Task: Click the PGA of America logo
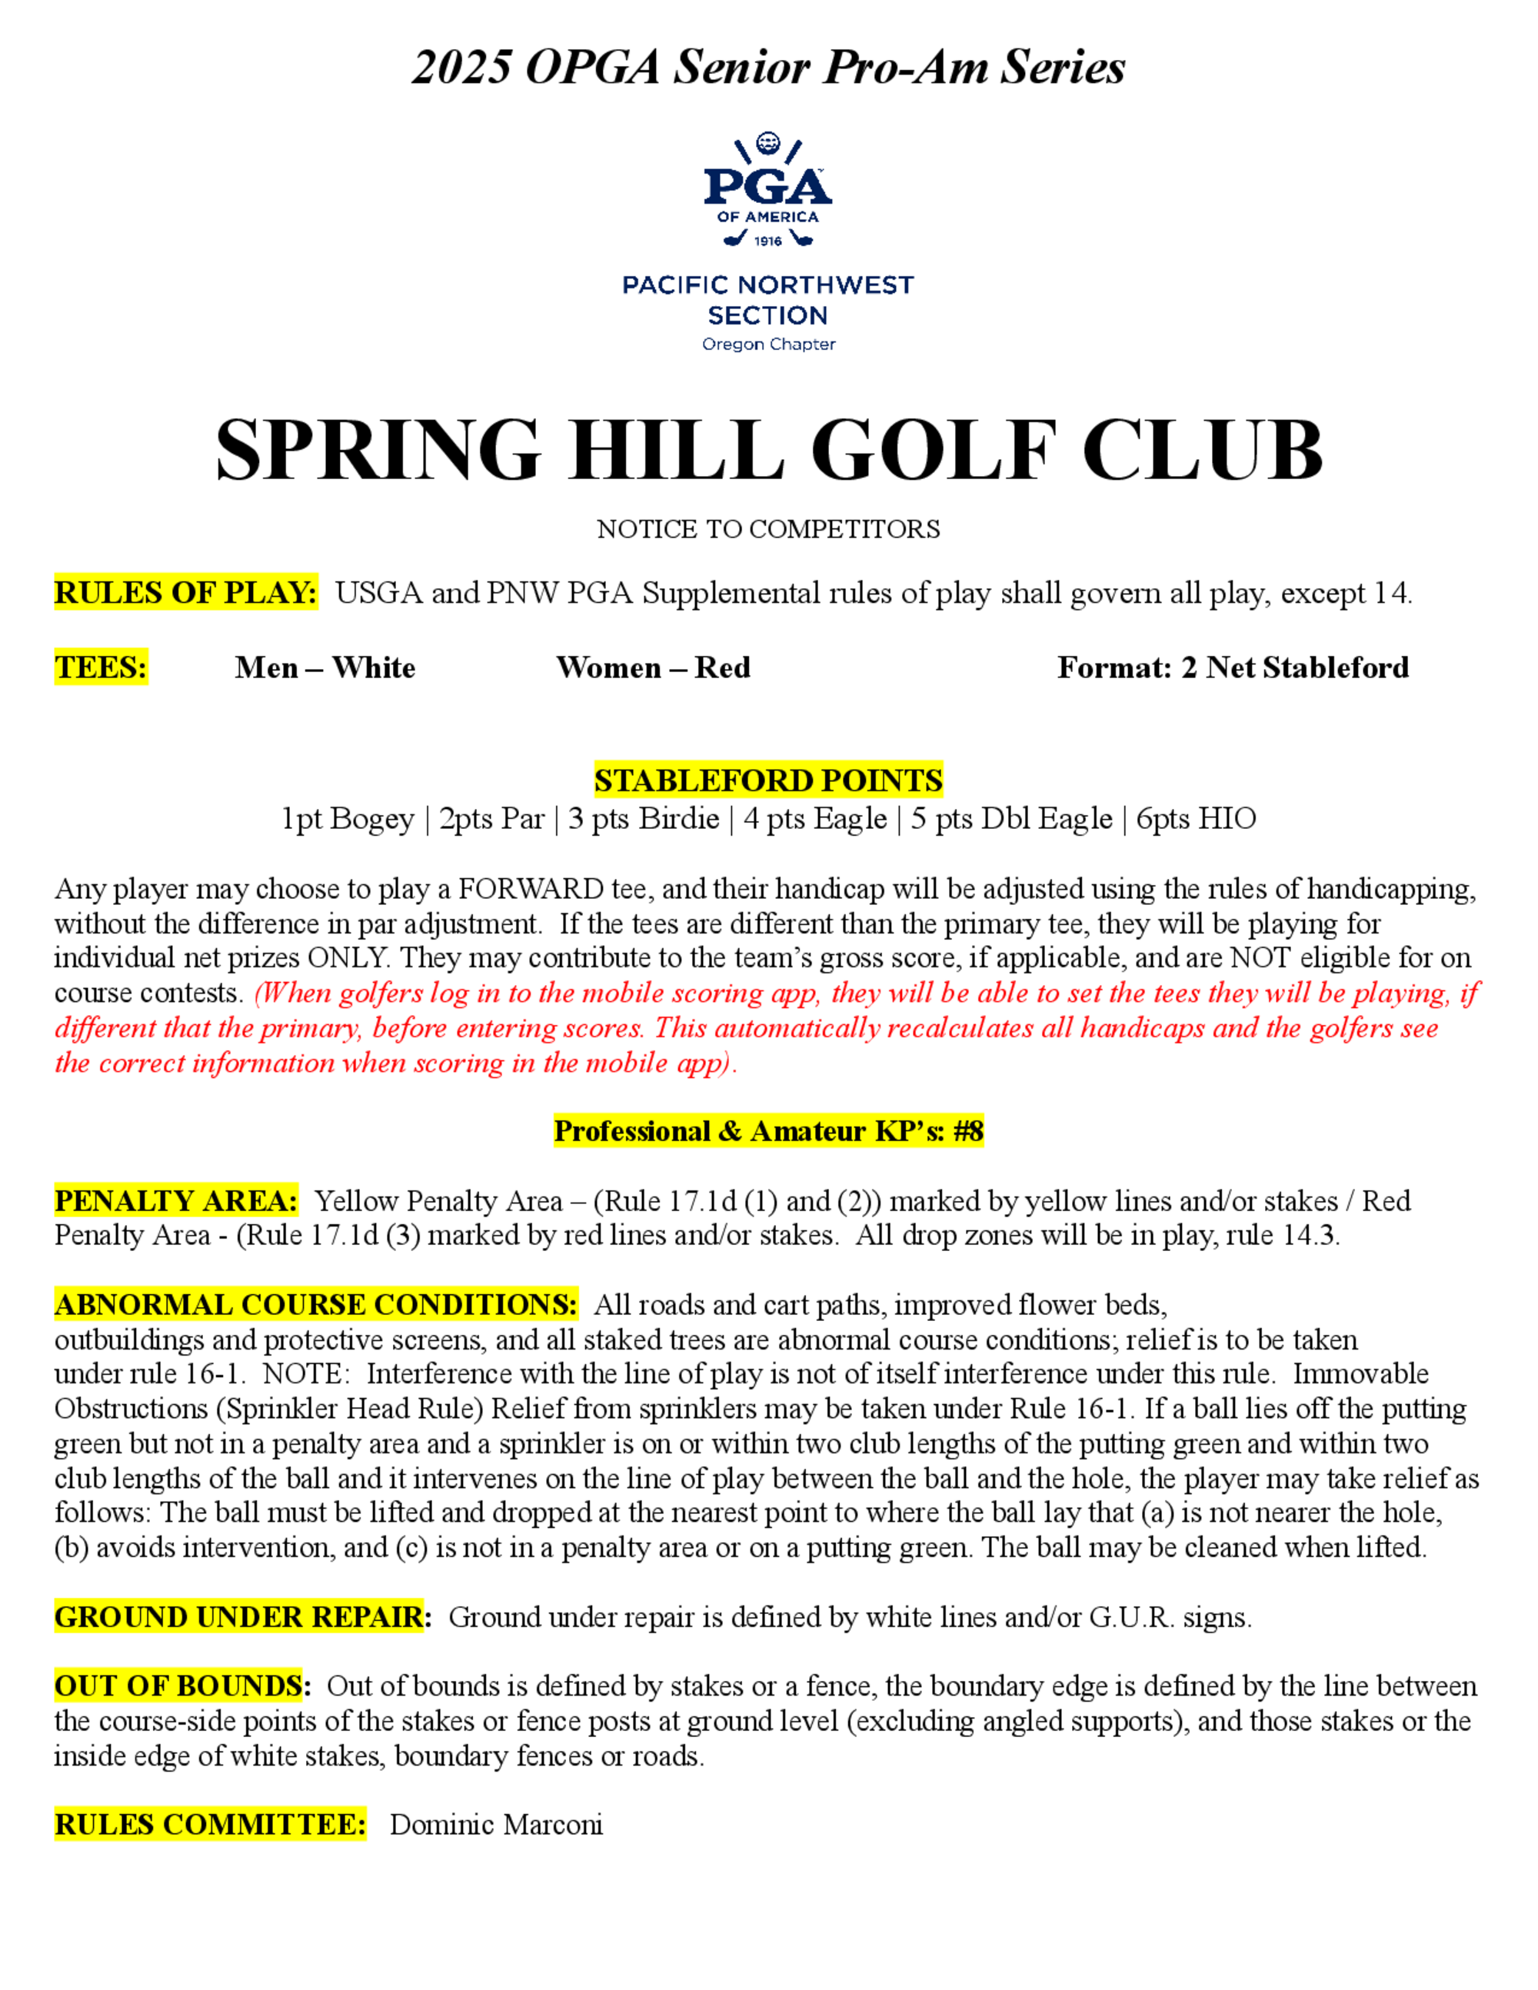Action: coord(767,191)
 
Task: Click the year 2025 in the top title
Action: coord(462,68)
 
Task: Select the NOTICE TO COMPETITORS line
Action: coord(768,529)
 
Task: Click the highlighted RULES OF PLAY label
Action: coord(186,593)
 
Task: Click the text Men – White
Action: coord(325,668)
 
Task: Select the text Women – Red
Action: coord(654,668)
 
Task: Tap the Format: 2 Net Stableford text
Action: coord(1233,668)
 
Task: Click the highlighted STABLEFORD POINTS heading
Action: coord(768,781)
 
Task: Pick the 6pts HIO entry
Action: coord(1196,819)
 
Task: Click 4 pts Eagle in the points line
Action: coord(814,819)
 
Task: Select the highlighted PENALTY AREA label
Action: coord(176,1201)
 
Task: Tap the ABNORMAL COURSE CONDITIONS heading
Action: coord(315,1305)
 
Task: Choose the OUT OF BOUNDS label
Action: coord(178,1686)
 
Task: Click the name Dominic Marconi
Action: coord(497,1825)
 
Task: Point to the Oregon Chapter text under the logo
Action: coord(768,344)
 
